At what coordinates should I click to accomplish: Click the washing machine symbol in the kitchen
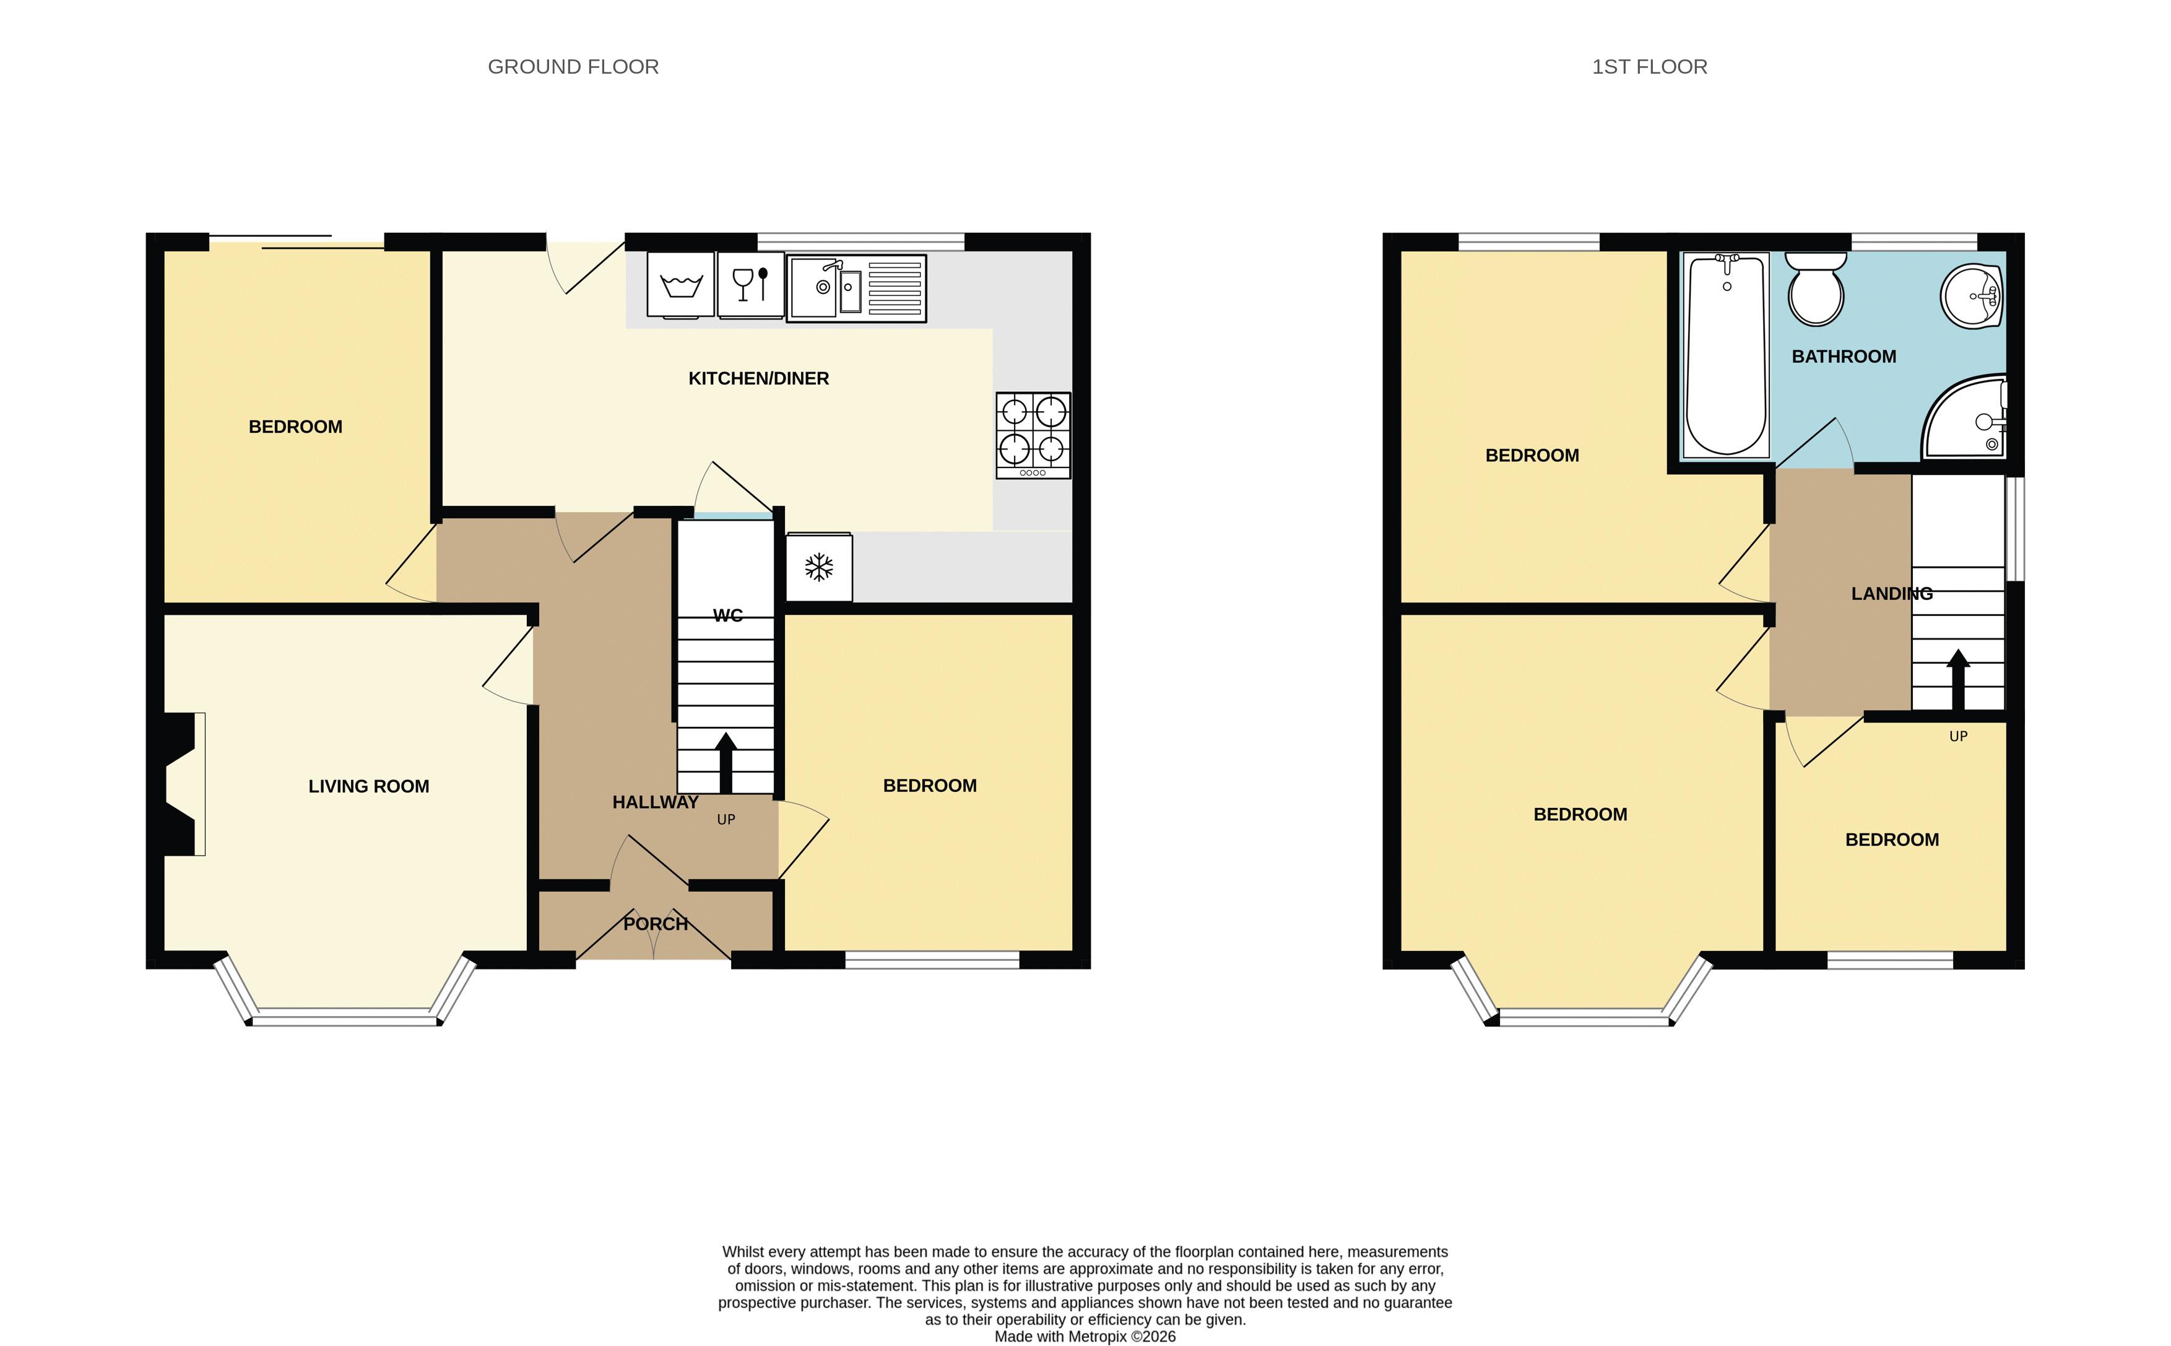point(680,285)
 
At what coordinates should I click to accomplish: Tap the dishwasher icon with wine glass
point(750,285)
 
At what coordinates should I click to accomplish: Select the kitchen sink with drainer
point(856,287)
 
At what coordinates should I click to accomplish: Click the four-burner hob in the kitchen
point(1033,435)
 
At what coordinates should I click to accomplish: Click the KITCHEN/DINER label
point(758,378)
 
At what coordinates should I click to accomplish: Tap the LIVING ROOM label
point(368,786)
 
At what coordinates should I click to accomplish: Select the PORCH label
point(655,924)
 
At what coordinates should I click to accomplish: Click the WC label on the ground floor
point(727,615)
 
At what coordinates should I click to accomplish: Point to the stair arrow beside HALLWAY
point(726,762)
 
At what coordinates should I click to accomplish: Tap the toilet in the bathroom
point(1816,289)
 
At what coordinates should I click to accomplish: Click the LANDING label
point(1892,594)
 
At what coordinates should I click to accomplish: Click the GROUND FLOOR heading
point(573,67)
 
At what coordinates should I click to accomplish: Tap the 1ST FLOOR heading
point(1649,67)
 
